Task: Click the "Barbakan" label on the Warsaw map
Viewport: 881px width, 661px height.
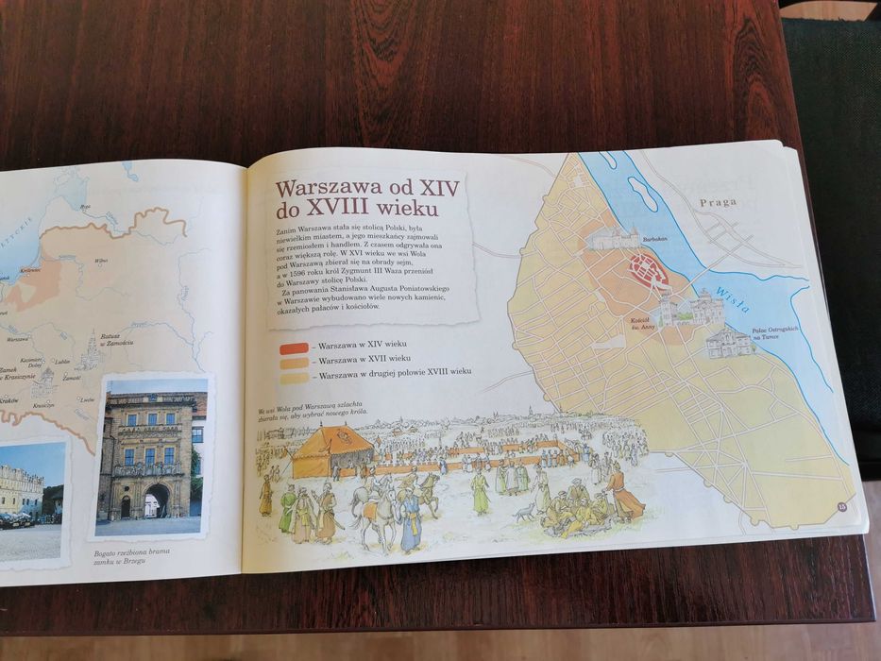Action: point(655,239)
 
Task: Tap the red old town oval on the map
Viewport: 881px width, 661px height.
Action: point(649,274)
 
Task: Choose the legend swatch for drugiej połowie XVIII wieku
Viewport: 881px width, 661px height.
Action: point(295,375)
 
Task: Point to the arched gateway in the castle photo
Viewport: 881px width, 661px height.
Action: point(157,500)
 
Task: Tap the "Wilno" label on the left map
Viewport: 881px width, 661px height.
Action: point(100,260)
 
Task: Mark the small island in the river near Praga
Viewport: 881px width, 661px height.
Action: point(643,195)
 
